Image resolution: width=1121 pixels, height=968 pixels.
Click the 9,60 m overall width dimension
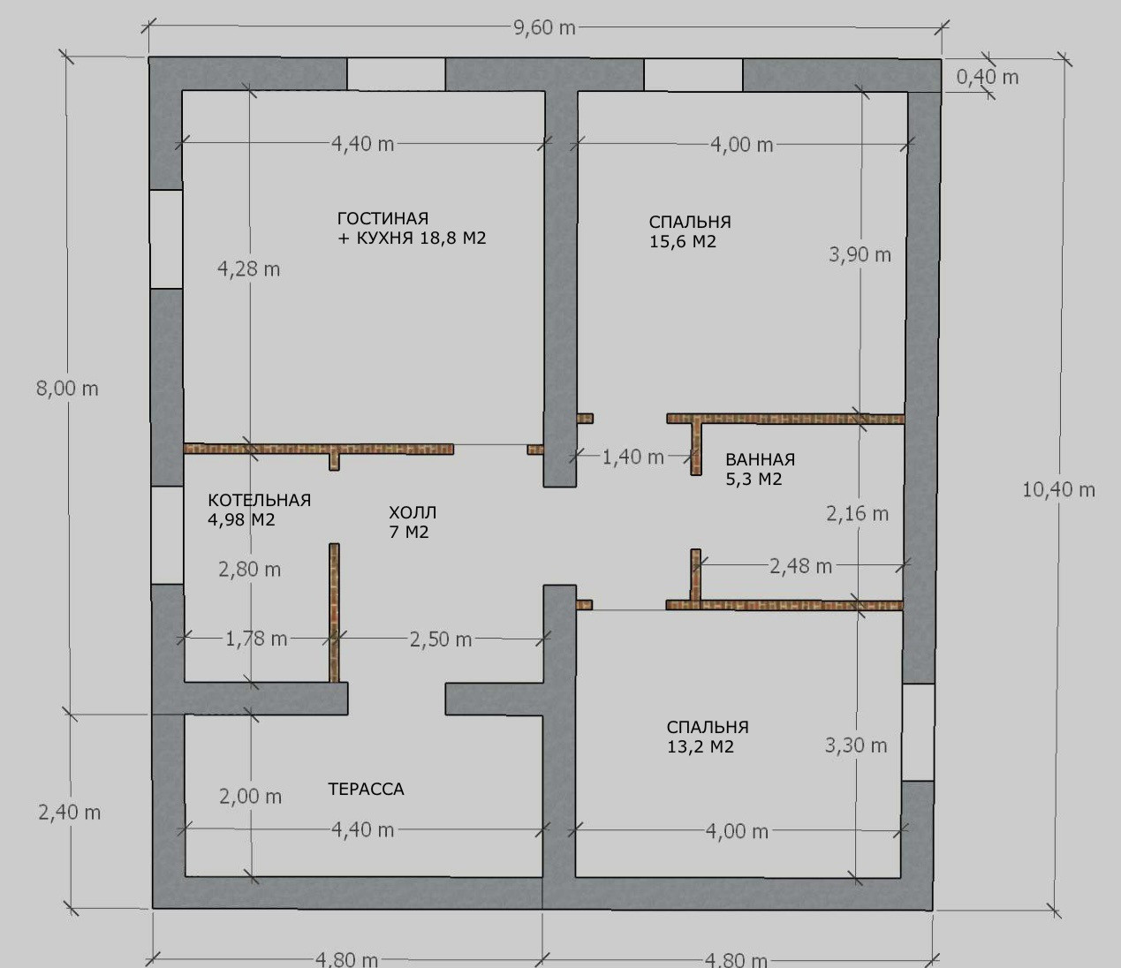[544, 27]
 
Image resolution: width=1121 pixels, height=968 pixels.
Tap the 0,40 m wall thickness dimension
[987, 78]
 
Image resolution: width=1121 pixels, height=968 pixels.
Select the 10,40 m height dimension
[1058, 490]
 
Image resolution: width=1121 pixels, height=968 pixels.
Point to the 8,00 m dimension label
[67, 389]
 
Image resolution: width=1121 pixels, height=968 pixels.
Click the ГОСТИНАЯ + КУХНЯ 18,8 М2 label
[412, 228]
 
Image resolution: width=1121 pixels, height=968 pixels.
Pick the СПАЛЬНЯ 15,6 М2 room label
[690, 231]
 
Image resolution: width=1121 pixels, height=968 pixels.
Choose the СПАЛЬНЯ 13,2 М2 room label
[708, 737]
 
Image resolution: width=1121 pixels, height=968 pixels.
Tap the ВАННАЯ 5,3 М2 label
[760, 469]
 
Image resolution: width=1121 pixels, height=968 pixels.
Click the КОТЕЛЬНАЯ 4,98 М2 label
[259, 510]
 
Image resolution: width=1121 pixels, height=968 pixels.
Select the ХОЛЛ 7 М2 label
[413, 522]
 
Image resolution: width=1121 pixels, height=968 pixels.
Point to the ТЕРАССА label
[366, 789]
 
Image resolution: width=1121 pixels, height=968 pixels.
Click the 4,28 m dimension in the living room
[248, 269]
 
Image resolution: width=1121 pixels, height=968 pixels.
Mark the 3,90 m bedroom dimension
[860, 254]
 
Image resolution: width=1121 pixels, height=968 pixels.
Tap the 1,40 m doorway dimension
[632, 458]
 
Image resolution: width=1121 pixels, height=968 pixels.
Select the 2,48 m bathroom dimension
[800, 567]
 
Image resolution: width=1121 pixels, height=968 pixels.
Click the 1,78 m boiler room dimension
[256, 639]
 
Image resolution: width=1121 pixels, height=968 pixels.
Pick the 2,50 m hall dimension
[441, 640]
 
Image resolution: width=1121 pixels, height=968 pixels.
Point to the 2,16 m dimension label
[858, 513]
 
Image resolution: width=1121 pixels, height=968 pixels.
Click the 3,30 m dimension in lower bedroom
[856, 745]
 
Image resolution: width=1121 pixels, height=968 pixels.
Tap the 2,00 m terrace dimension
[251, 797]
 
